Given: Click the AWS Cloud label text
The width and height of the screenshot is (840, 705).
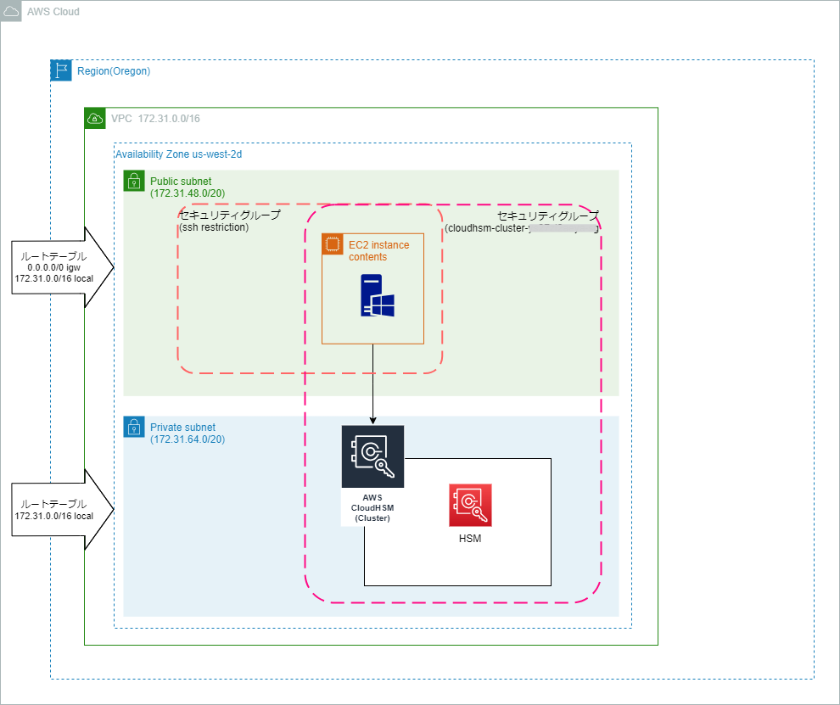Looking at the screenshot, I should [53, 13].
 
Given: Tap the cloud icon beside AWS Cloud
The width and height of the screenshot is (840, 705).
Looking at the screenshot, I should [11, 12].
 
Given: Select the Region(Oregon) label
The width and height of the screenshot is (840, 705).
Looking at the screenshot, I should [113, 71].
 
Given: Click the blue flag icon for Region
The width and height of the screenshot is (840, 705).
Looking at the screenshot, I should [61, 70].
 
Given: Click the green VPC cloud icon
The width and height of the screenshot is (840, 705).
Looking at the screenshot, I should [95, 119].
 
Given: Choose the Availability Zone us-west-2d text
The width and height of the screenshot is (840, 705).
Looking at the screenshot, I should [179, 154].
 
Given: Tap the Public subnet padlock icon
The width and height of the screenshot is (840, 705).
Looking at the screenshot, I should [134, 181].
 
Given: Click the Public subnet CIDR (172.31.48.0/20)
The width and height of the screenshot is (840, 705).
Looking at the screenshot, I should [187, 193].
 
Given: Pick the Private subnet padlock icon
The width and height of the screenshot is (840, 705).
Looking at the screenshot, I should [134, 427].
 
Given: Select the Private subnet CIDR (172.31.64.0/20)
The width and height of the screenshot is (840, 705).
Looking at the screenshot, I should [187, 439].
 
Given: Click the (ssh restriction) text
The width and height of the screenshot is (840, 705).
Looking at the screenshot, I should [214, 227].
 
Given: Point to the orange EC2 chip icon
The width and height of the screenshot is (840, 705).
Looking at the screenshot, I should [331, 244].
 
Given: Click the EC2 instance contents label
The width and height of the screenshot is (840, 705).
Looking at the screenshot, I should [378, 251].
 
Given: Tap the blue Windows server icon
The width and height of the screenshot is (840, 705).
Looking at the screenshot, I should [372, 295].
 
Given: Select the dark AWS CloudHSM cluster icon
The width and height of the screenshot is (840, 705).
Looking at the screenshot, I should [372, 457].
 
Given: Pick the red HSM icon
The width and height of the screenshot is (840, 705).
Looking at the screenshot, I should [470, 506].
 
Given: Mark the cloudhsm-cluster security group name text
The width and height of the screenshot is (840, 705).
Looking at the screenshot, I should [522, 228].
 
